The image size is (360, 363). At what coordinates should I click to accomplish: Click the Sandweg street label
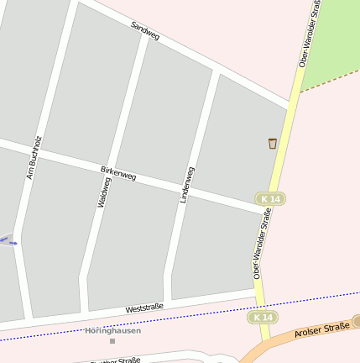click(145, 31)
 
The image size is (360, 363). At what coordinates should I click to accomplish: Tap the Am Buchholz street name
click(34, 157)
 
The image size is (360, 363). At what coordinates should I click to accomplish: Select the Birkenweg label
click(118, 174)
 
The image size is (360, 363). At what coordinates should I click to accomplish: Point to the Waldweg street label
click(104, 192)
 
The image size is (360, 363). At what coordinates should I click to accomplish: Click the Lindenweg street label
click(187, 184)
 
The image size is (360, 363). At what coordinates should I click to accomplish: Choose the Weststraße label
click(144, 308)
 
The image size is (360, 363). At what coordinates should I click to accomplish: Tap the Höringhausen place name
click(112, 330)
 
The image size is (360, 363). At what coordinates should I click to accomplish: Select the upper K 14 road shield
click(271, 198)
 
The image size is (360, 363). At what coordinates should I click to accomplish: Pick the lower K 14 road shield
click(262, 317)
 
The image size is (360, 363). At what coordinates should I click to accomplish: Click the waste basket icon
click(273, 144)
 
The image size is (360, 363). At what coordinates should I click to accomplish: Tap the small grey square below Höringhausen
click(112, 341)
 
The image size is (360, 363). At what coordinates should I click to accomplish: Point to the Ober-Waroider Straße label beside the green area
click(310, 34)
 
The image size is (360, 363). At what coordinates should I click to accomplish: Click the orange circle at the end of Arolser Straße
click(356, 321)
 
